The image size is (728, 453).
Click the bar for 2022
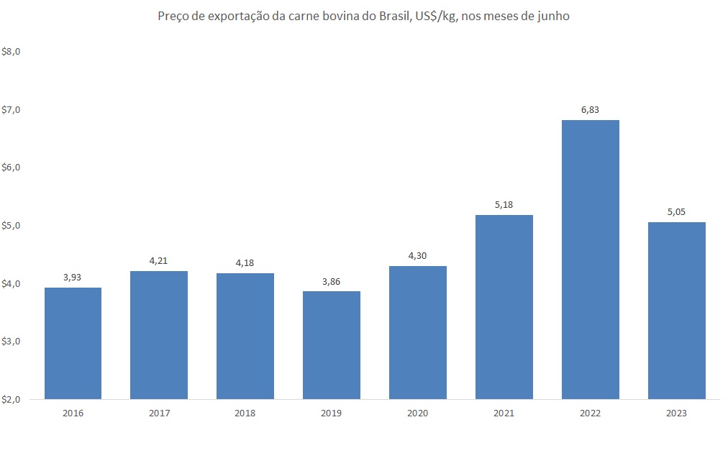590,259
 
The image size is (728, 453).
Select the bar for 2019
331,344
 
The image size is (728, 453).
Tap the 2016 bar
73,343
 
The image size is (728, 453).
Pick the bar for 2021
504,306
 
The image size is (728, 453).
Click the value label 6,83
590,110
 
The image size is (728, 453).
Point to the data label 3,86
331,281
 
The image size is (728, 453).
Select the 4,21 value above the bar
158,261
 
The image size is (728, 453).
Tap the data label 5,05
676,212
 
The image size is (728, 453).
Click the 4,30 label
417,256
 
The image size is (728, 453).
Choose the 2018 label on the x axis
245,413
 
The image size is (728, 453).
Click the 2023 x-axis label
676,413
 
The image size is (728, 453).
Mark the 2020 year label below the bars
417,413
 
